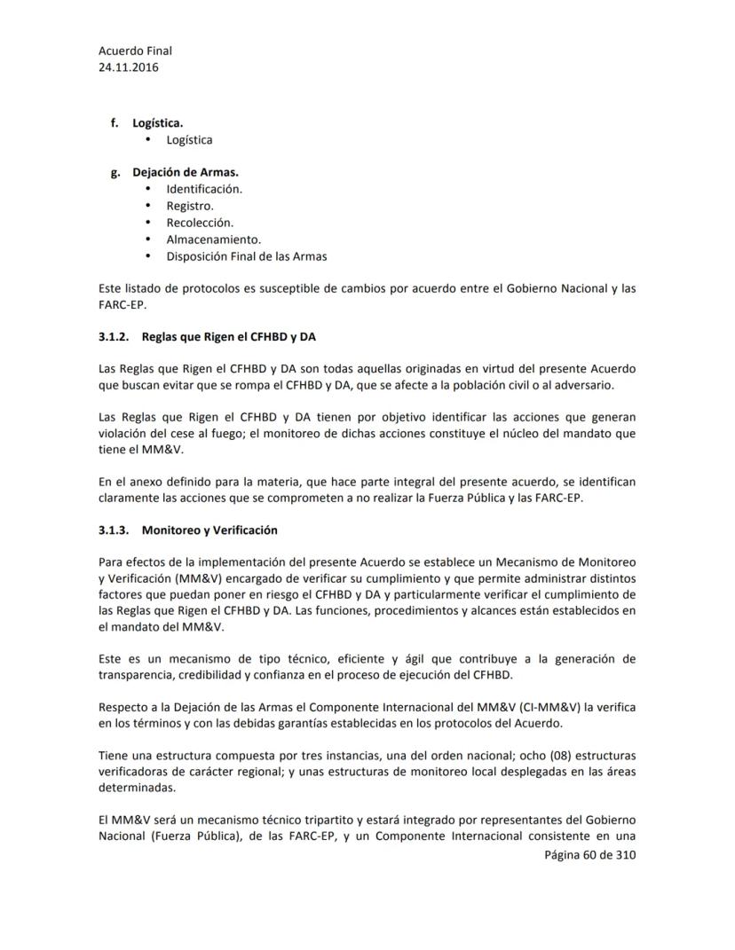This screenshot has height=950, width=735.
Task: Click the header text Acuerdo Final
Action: (135, 51)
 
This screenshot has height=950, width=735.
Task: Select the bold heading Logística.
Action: (158, 123)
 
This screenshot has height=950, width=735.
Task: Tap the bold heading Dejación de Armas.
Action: (186, 172)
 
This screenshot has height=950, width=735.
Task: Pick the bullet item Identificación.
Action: (204, 189)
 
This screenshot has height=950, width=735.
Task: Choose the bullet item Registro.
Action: (190, 206)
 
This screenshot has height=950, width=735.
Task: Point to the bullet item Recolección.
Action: (200, 223)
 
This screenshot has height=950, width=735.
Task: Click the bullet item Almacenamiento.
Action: (213, 239)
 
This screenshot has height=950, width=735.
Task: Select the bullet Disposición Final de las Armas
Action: (247, 256)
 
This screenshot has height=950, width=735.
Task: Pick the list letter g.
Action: (115, 172)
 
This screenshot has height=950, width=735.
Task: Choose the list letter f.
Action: (115, 123)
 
